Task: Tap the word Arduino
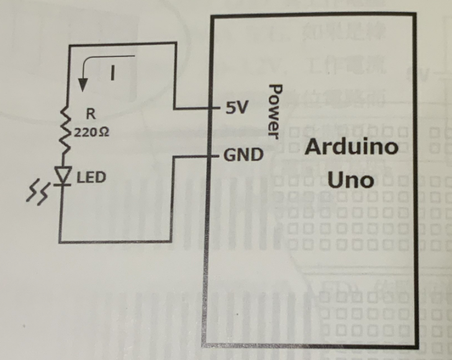(x=351, y=149)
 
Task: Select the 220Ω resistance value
(x=93, y=132)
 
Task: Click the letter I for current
(x=112, y=74)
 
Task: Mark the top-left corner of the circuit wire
(x=63, y=43)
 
